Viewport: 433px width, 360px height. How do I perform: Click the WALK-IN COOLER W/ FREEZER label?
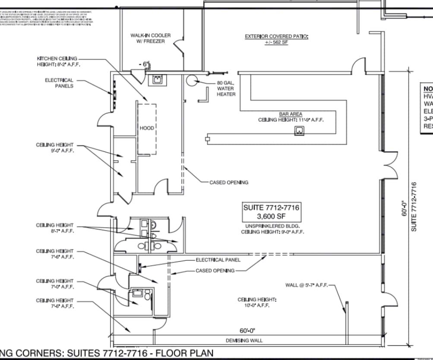[x=150, y=38]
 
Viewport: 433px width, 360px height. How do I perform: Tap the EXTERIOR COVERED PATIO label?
[x=276, y=37]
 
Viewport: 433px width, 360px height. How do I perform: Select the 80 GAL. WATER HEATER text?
[x=226, y=88]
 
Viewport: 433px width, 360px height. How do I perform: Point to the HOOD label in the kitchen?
[x=147, y=128]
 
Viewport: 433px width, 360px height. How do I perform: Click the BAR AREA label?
[x=291, y=114]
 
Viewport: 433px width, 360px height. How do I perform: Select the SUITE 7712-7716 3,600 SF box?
[x=271, y=212]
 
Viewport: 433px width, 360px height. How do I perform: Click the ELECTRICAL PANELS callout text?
[x=59, y=83]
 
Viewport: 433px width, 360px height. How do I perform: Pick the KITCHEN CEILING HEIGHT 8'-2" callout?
[x=58, y=61]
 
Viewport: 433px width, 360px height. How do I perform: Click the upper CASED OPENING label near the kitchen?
[x=229, y=183]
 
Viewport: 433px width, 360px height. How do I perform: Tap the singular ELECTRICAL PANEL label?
[x=218, y=260]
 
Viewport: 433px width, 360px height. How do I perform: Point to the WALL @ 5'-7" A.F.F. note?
[x=307, y=285]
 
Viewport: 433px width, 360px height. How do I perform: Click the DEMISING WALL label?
[x=244, y=341]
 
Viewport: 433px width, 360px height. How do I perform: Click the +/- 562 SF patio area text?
[x=276, y=43]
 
